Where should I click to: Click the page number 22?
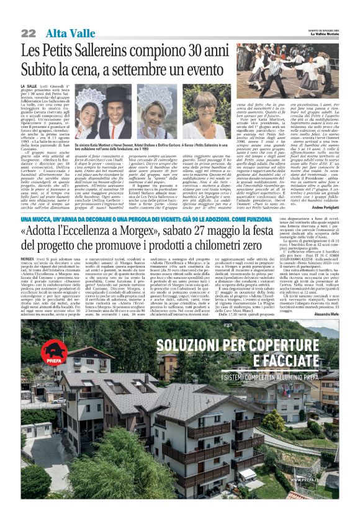(28, 33)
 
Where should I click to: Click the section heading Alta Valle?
(66, 33)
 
